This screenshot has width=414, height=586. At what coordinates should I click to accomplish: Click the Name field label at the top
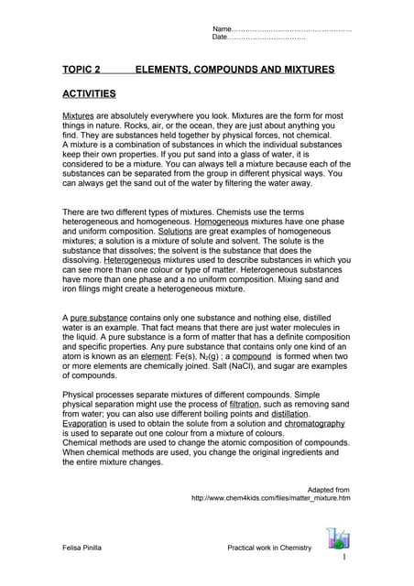pos(223,28)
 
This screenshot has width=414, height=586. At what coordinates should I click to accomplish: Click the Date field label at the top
pos(222,38)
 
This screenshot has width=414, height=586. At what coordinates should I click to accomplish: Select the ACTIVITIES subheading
pos(88,93)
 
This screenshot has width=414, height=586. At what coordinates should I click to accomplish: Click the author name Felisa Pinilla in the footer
pos(85,548)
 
